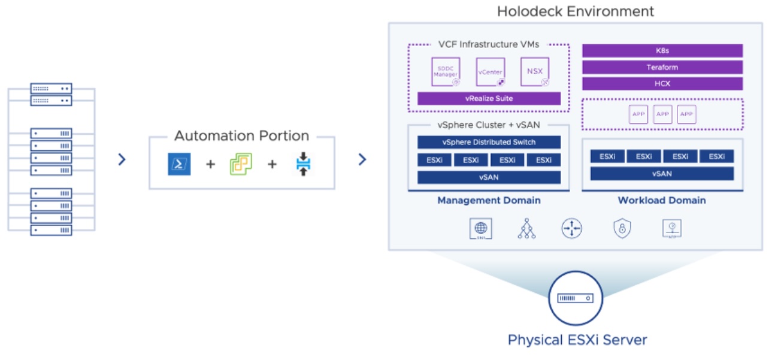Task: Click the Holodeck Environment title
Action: point(575,11)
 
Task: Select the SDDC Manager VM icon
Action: point(446,72)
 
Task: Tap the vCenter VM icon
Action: point(490,72)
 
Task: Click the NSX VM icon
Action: point(534,72)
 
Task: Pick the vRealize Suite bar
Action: point(489,98)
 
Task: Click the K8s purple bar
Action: point(662,51)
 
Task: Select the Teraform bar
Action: point(662,67)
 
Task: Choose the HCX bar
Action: point(662,83)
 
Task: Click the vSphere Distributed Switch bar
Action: point(489,142)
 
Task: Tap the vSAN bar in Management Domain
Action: point(489,177)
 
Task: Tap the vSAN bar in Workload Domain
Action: point(662,174)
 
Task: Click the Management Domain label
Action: point(489,200)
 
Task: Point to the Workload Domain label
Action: point(662,200)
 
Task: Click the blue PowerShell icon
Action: point(179,164)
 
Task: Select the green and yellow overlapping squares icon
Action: point(241,164)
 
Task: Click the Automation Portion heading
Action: point(241,136)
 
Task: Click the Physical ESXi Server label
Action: point(577,340)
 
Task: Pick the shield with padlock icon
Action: point(622,228)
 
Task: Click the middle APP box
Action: point(662,114)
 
